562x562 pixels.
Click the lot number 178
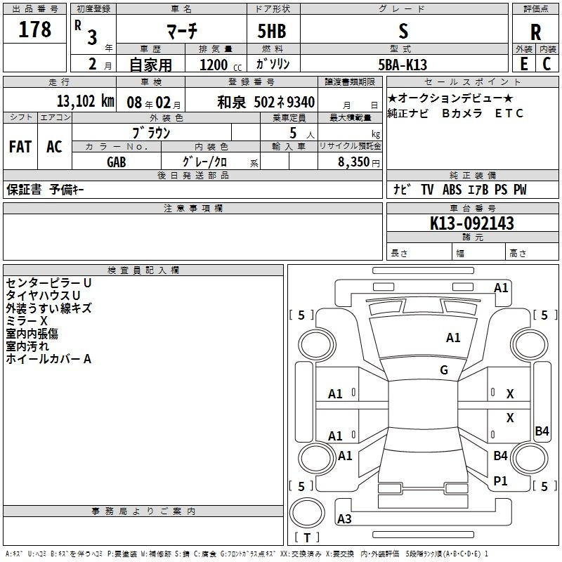(34, 30)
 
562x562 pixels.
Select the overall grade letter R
(535, 32)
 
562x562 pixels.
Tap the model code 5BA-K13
(403, 65)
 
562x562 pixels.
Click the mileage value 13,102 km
(85, 101)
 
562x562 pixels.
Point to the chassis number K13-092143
(471, 223)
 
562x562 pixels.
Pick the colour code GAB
(117, 162)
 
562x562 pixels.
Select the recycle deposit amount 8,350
(353, 162)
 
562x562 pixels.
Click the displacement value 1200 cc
(221, 65)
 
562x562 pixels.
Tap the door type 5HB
(272, 31)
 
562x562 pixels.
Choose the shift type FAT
(20, 147)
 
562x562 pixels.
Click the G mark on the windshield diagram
(444, 370)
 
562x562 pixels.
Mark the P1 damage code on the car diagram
(500, 481)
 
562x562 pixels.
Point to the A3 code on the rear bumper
(344, 518)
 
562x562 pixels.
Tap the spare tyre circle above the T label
(307, 513)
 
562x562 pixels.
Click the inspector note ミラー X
(27, 321)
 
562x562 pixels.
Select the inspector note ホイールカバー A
(48, 359)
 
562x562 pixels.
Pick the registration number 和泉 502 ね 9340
(266, 102)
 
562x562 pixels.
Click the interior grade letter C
(547, 64)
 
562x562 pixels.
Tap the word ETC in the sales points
(509, 113)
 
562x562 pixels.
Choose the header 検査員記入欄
(143, 270)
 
